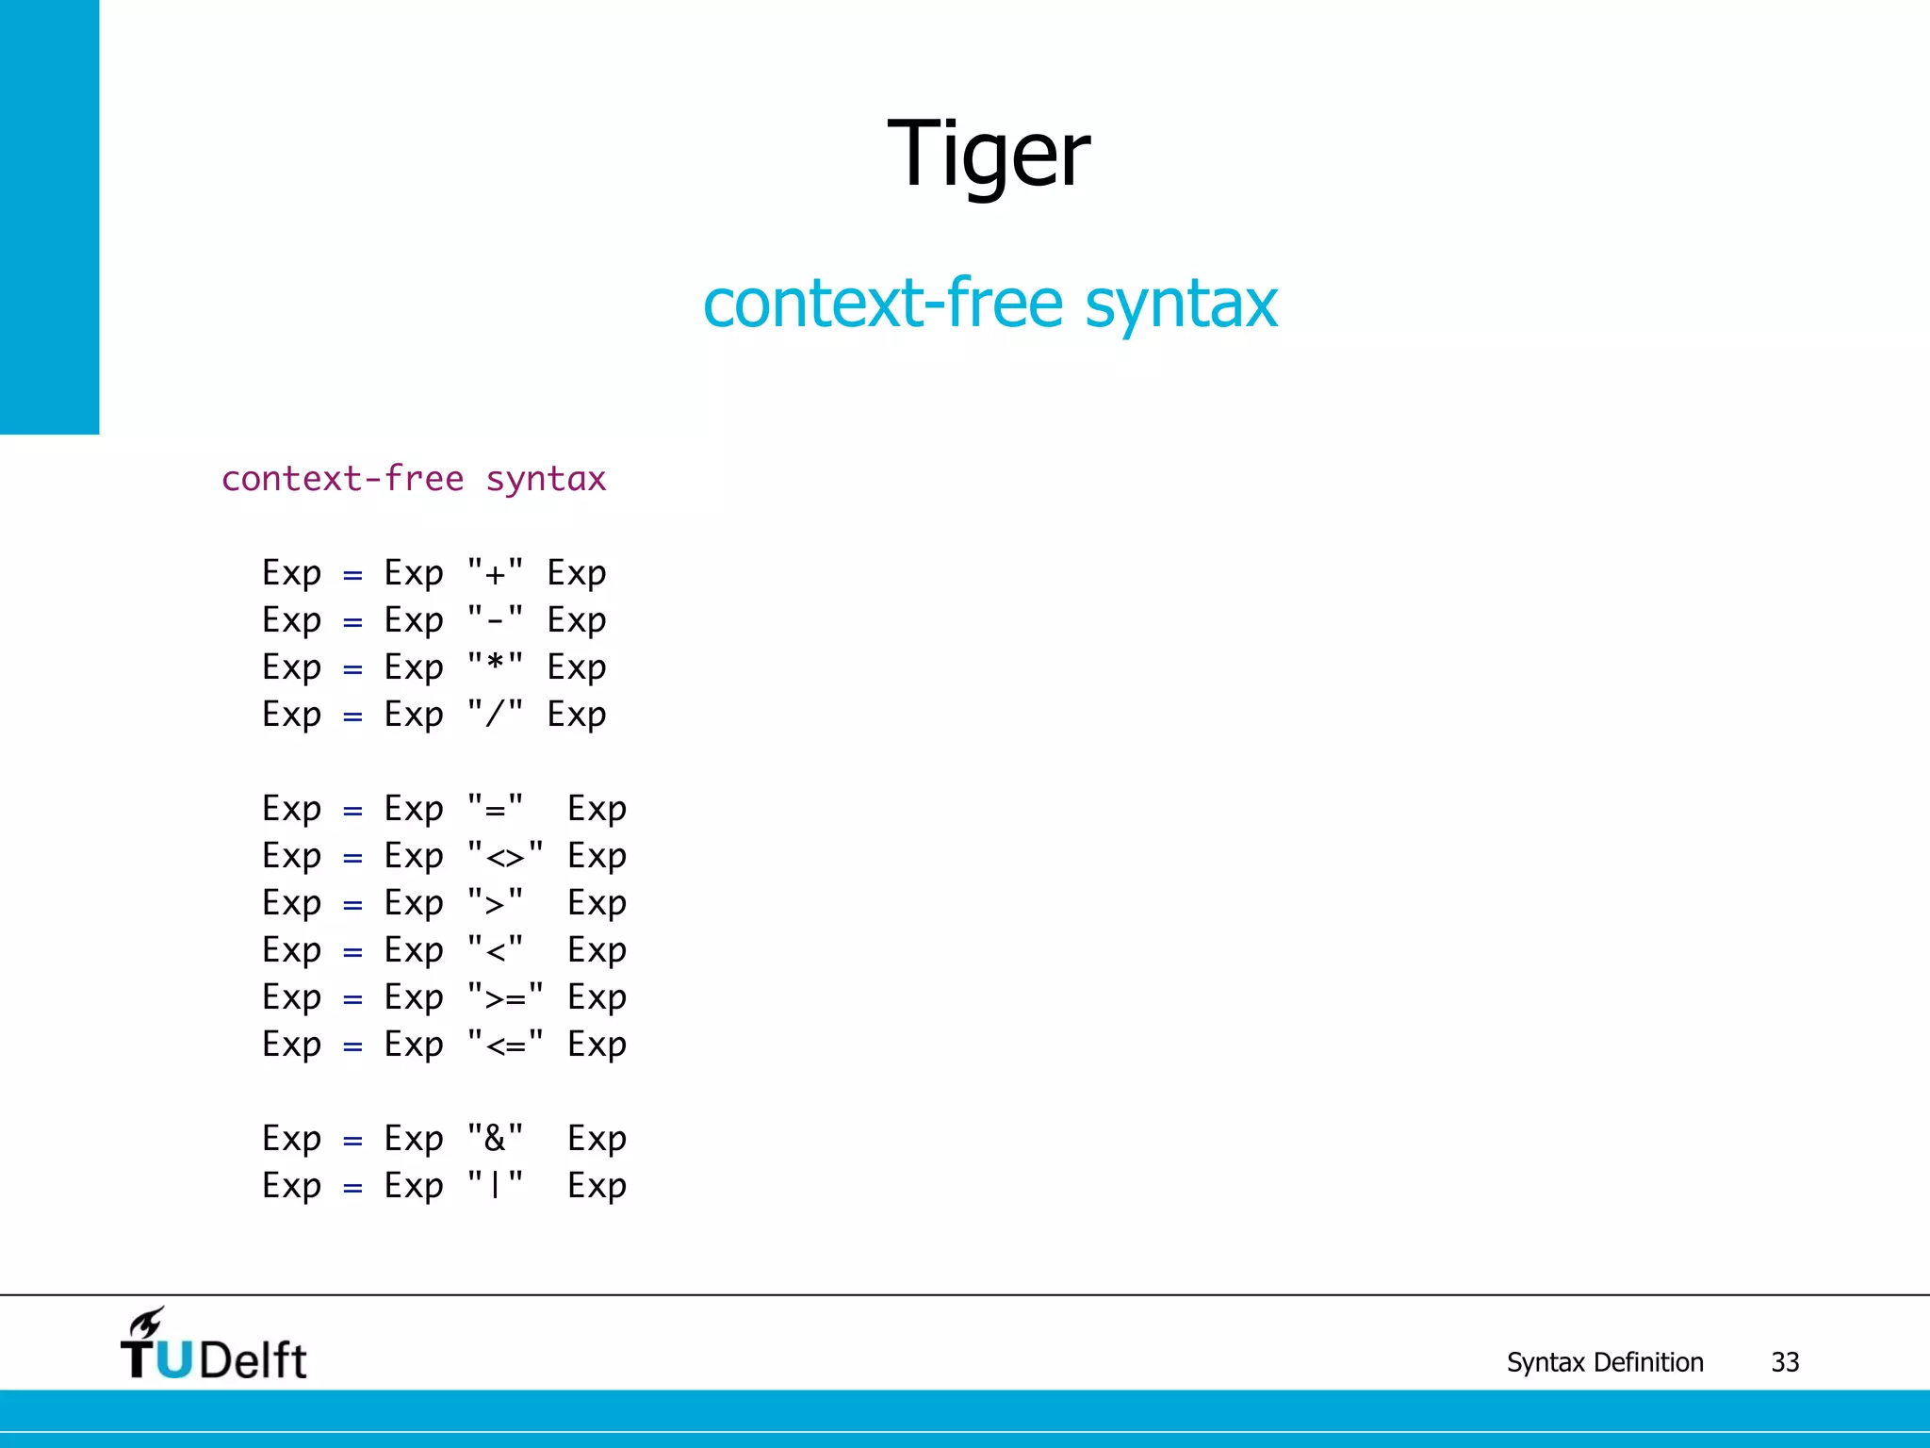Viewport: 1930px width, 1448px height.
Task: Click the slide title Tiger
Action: click(x=989, y=155)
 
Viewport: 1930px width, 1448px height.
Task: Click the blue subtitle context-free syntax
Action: click(x=990, y=304)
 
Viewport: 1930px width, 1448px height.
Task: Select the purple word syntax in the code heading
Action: click(x=546, y=480)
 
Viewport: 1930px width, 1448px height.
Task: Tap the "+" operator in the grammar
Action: click(x=495, y=573)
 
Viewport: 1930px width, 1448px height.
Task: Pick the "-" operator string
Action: click(x=495, y=620)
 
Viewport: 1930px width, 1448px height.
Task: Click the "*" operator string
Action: click(x=495, y=667)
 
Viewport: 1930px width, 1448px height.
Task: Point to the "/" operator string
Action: click(x=495, y=715)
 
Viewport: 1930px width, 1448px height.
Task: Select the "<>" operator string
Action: click(x=505, y=856)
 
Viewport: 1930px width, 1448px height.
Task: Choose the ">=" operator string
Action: click(x=505, y=997)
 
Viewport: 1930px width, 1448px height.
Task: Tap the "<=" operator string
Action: click(x=505, y=1045)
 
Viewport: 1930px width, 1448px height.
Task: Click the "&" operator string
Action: click(x=495, y=1139)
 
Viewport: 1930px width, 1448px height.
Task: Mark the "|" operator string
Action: click(x=495, y=1186)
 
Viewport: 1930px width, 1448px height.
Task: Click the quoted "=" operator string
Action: click(x=495, y=809)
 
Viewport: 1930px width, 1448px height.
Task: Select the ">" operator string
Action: click(x=495, y=903)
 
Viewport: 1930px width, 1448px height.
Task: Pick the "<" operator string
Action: click(x=495, y=950)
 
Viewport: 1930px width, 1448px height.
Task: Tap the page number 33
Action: click(x=1785, y=1362)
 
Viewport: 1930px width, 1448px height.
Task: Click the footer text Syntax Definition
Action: click(x=1604, y=1362)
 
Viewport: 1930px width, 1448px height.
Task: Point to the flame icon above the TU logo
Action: click(x=147, y=1323)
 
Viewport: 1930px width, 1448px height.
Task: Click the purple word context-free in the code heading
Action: click(x=342, y=480)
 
